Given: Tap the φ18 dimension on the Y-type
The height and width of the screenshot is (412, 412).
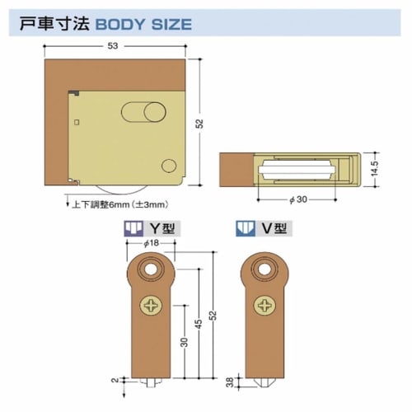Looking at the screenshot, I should pyautogui.click(x=150, y=245).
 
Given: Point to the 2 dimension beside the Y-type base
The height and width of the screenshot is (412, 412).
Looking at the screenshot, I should pyautogui.click(x=114, y=381).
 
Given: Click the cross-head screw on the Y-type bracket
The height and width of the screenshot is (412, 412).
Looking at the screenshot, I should pyautogui.click(x=152, y=307).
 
